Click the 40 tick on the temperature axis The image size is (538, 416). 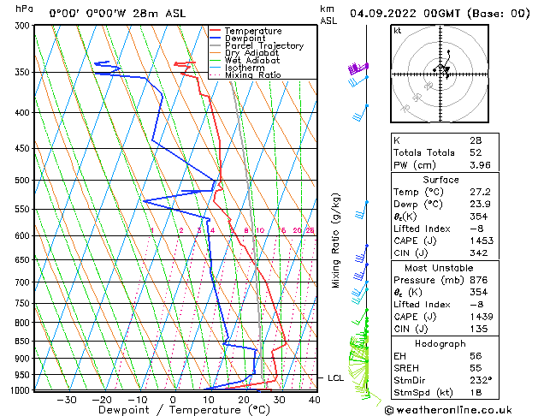coord(314,399)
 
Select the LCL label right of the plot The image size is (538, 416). coord(335,377)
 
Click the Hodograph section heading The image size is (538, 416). coord(440,343)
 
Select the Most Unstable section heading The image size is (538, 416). coord(440,267)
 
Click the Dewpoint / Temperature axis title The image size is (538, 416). coord(174,410)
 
